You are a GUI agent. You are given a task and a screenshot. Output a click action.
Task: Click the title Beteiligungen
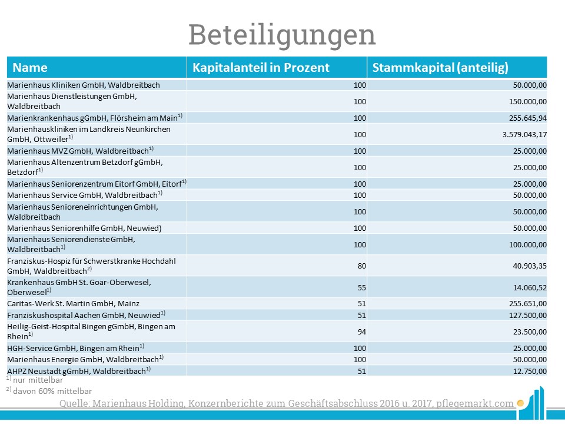[282, 35]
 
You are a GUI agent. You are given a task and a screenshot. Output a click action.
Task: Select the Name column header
[30, 67]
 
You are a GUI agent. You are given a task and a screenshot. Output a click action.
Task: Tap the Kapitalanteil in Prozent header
[261, 67]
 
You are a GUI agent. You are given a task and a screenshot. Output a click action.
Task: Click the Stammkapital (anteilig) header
[440, 67]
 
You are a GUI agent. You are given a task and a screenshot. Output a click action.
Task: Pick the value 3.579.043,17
[524, 134]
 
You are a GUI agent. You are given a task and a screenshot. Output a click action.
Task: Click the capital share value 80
[362, 266]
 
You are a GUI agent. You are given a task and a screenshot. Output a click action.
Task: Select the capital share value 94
[362, 332]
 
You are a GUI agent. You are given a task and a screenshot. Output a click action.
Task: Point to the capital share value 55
[362, 288]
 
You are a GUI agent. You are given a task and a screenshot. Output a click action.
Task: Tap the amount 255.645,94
[528, 118]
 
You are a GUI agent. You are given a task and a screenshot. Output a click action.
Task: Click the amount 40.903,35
[530, 266]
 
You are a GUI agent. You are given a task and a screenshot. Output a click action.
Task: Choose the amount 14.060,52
[530, 288]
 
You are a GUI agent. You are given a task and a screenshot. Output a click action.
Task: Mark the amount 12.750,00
[530, 371]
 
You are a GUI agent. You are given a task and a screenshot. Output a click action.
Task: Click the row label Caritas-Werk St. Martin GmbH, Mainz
[73, 304]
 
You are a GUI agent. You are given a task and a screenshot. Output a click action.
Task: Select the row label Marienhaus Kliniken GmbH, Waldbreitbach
[84, 85]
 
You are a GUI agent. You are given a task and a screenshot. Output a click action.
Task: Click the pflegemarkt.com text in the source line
[474, 403]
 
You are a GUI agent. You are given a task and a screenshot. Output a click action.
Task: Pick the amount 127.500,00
[528, 315]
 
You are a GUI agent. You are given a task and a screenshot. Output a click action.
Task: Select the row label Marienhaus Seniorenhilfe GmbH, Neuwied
[84, 228]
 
